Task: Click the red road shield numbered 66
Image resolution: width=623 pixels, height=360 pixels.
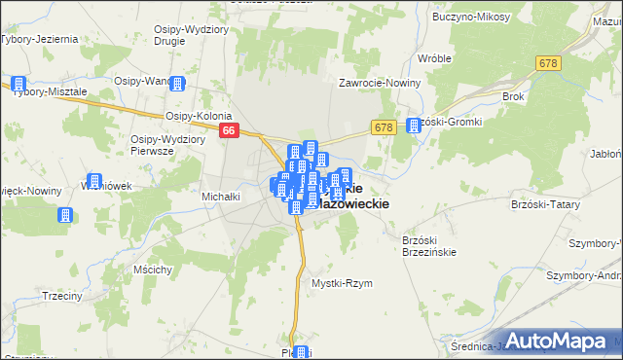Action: click(x=229, y=129)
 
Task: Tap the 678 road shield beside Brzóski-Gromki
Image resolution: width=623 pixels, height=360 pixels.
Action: click(x=383, y=127)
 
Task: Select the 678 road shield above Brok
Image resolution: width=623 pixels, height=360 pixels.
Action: click(x=547, y=62)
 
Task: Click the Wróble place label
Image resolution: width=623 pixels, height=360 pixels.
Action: click(x=434, y=58)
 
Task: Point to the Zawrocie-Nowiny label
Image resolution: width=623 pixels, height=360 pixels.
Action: click(x=379, y=83)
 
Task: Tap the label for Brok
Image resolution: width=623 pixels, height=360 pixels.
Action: click(x=513, y=97)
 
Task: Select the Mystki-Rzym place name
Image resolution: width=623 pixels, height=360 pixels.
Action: click(x=342, y=283)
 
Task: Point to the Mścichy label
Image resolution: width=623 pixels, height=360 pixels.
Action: click(x=155, y=269)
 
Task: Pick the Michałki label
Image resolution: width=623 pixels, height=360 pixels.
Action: click(x=221, y=197)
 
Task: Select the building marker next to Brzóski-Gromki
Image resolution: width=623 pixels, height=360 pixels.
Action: click(x=414, y=125)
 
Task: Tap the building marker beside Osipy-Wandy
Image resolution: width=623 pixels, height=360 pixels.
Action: click(x=177, y=84)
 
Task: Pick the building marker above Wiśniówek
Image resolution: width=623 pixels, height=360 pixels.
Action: click(x=94, y=181)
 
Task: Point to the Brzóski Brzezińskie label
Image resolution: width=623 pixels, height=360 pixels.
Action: click(x=429, y=245)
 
